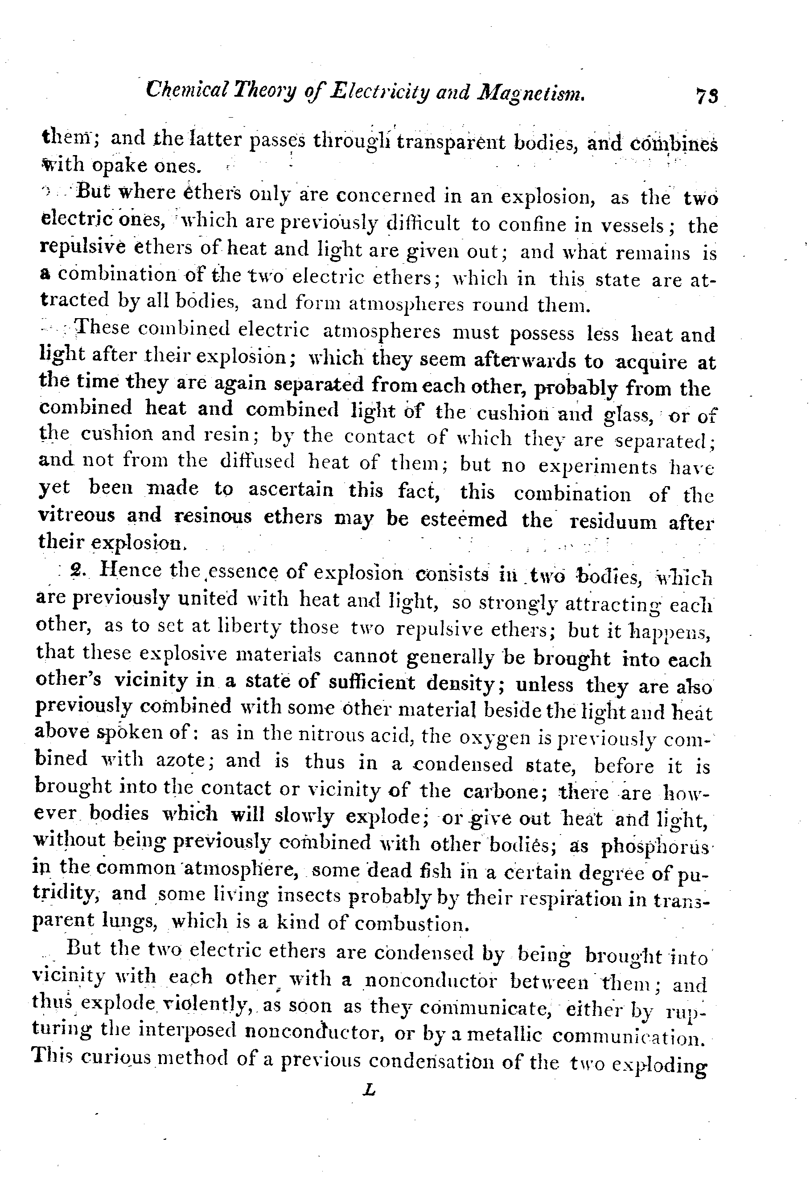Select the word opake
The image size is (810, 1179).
[x=120, y=166]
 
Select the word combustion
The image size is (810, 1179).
[x=410, y=923]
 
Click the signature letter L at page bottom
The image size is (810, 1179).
[x=370, y=1090]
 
